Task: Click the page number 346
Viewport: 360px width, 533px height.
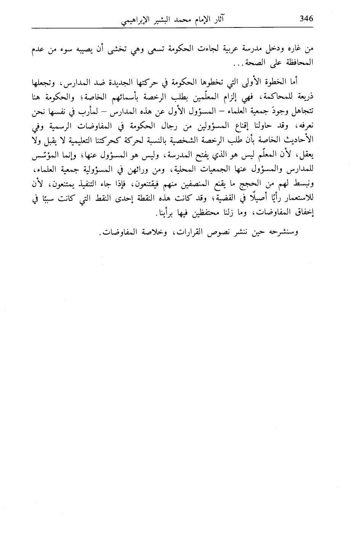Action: [x=306, y=18]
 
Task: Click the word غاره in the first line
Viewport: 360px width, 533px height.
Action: [x=296, y=50]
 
